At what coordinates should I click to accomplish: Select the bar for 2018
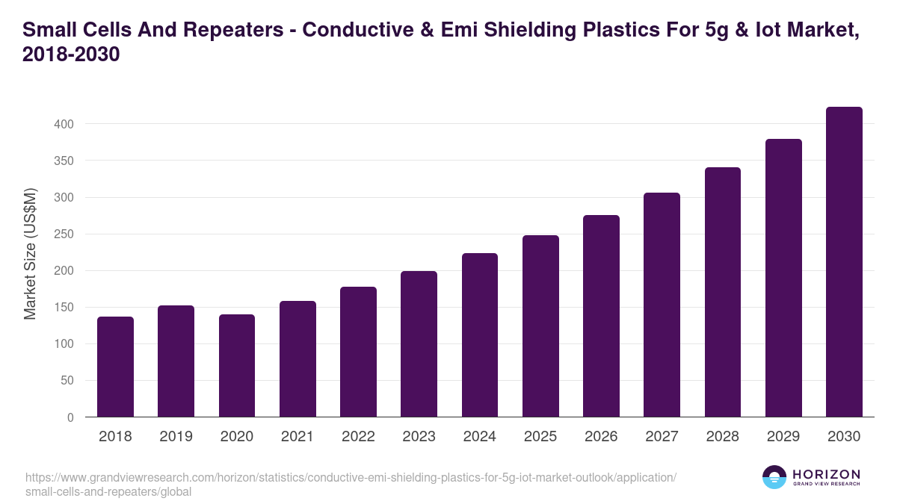(x=115, y=367)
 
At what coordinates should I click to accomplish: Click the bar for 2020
(x=237, y=366)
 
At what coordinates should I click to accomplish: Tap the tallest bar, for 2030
(x=844, y=261)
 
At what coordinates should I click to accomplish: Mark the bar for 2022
(x=358, y=352)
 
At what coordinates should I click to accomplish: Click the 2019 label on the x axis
(x=176, y=437)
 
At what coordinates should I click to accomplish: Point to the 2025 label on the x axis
(x=540, y=437)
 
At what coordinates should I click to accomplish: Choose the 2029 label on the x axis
(x=783, y=437)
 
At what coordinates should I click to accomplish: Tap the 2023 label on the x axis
(x=419, y=437)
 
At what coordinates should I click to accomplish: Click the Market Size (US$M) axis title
(x=30, y=255)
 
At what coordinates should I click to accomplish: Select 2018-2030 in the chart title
(x=71, y=56)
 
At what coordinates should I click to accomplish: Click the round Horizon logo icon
(x=774, y=477)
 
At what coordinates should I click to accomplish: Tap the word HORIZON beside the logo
(x=826, y=474)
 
